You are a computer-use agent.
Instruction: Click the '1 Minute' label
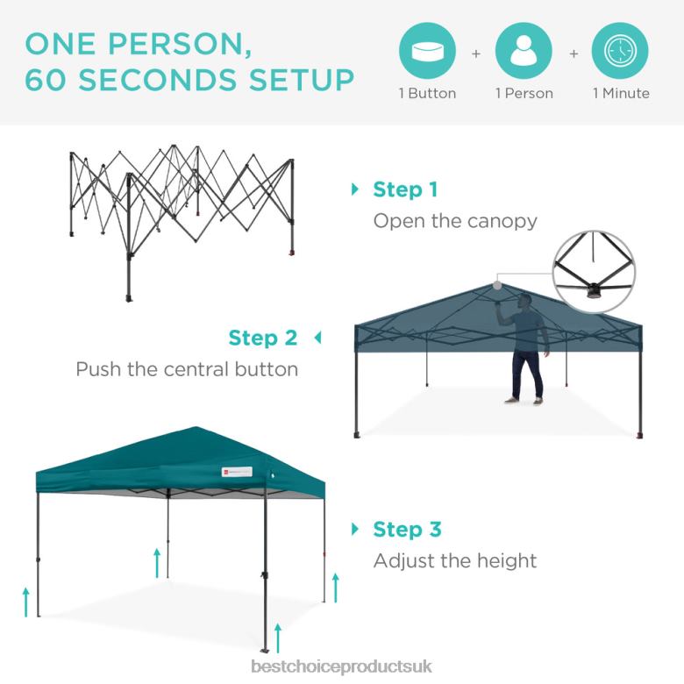click(x=621, y=93)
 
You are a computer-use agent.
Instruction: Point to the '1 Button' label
click(x=427, y=93)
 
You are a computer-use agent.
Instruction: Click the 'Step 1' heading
click(x=405, y=189)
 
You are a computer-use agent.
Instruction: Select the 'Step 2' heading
click(x=263, y=338)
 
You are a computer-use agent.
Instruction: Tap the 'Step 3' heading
click(x=407, y=530)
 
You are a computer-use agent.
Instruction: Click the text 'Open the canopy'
click(x=455, y=220)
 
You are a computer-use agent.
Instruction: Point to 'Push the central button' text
click(x=187, y=368)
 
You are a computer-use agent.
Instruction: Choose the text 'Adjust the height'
click(x=455, y=560)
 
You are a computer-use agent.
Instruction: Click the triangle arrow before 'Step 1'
click(x=355, y=189)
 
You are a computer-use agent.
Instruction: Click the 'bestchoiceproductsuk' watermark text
click(x=342, y=666)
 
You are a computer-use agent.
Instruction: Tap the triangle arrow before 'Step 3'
click(x=355, y=529)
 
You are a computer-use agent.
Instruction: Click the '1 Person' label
click(x=524, y=93)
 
